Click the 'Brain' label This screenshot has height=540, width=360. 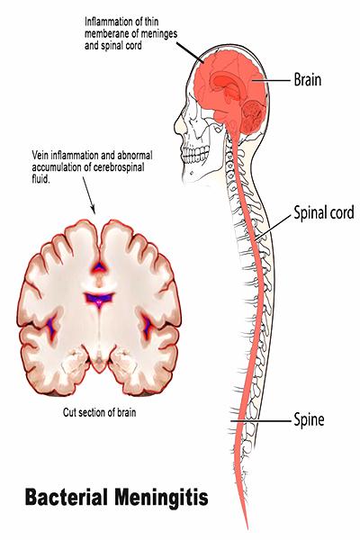click(x=307, y=80)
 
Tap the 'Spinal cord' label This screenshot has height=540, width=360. click(x=323, y=212)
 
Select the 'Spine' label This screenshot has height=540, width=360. click(x=309, y=419)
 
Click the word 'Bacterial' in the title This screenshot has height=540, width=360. click(x=66, y=497)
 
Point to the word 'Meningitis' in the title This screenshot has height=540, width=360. click(x=161, y=498)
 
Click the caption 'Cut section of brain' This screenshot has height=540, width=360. click(x=99, y=412)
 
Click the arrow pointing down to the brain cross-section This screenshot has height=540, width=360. click(x=88, y=195)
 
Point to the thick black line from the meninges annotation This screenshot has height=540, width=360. click(x=191, y=53)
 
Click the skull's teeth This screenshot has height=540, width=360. click(x=196, y=154)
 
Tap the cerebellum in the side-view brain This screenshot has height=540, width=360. click(x=254, y=116)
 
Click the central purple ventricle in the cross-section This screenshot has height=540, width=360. click(x=99, y=299)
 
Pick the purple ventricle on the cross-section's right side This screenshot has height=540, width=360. click(x=148, y=325)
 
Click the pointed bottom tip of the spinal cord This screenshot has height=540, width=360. click(x=247, y=529)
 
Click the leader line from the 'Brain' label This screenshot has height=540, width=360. click(x=271, y=81)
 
